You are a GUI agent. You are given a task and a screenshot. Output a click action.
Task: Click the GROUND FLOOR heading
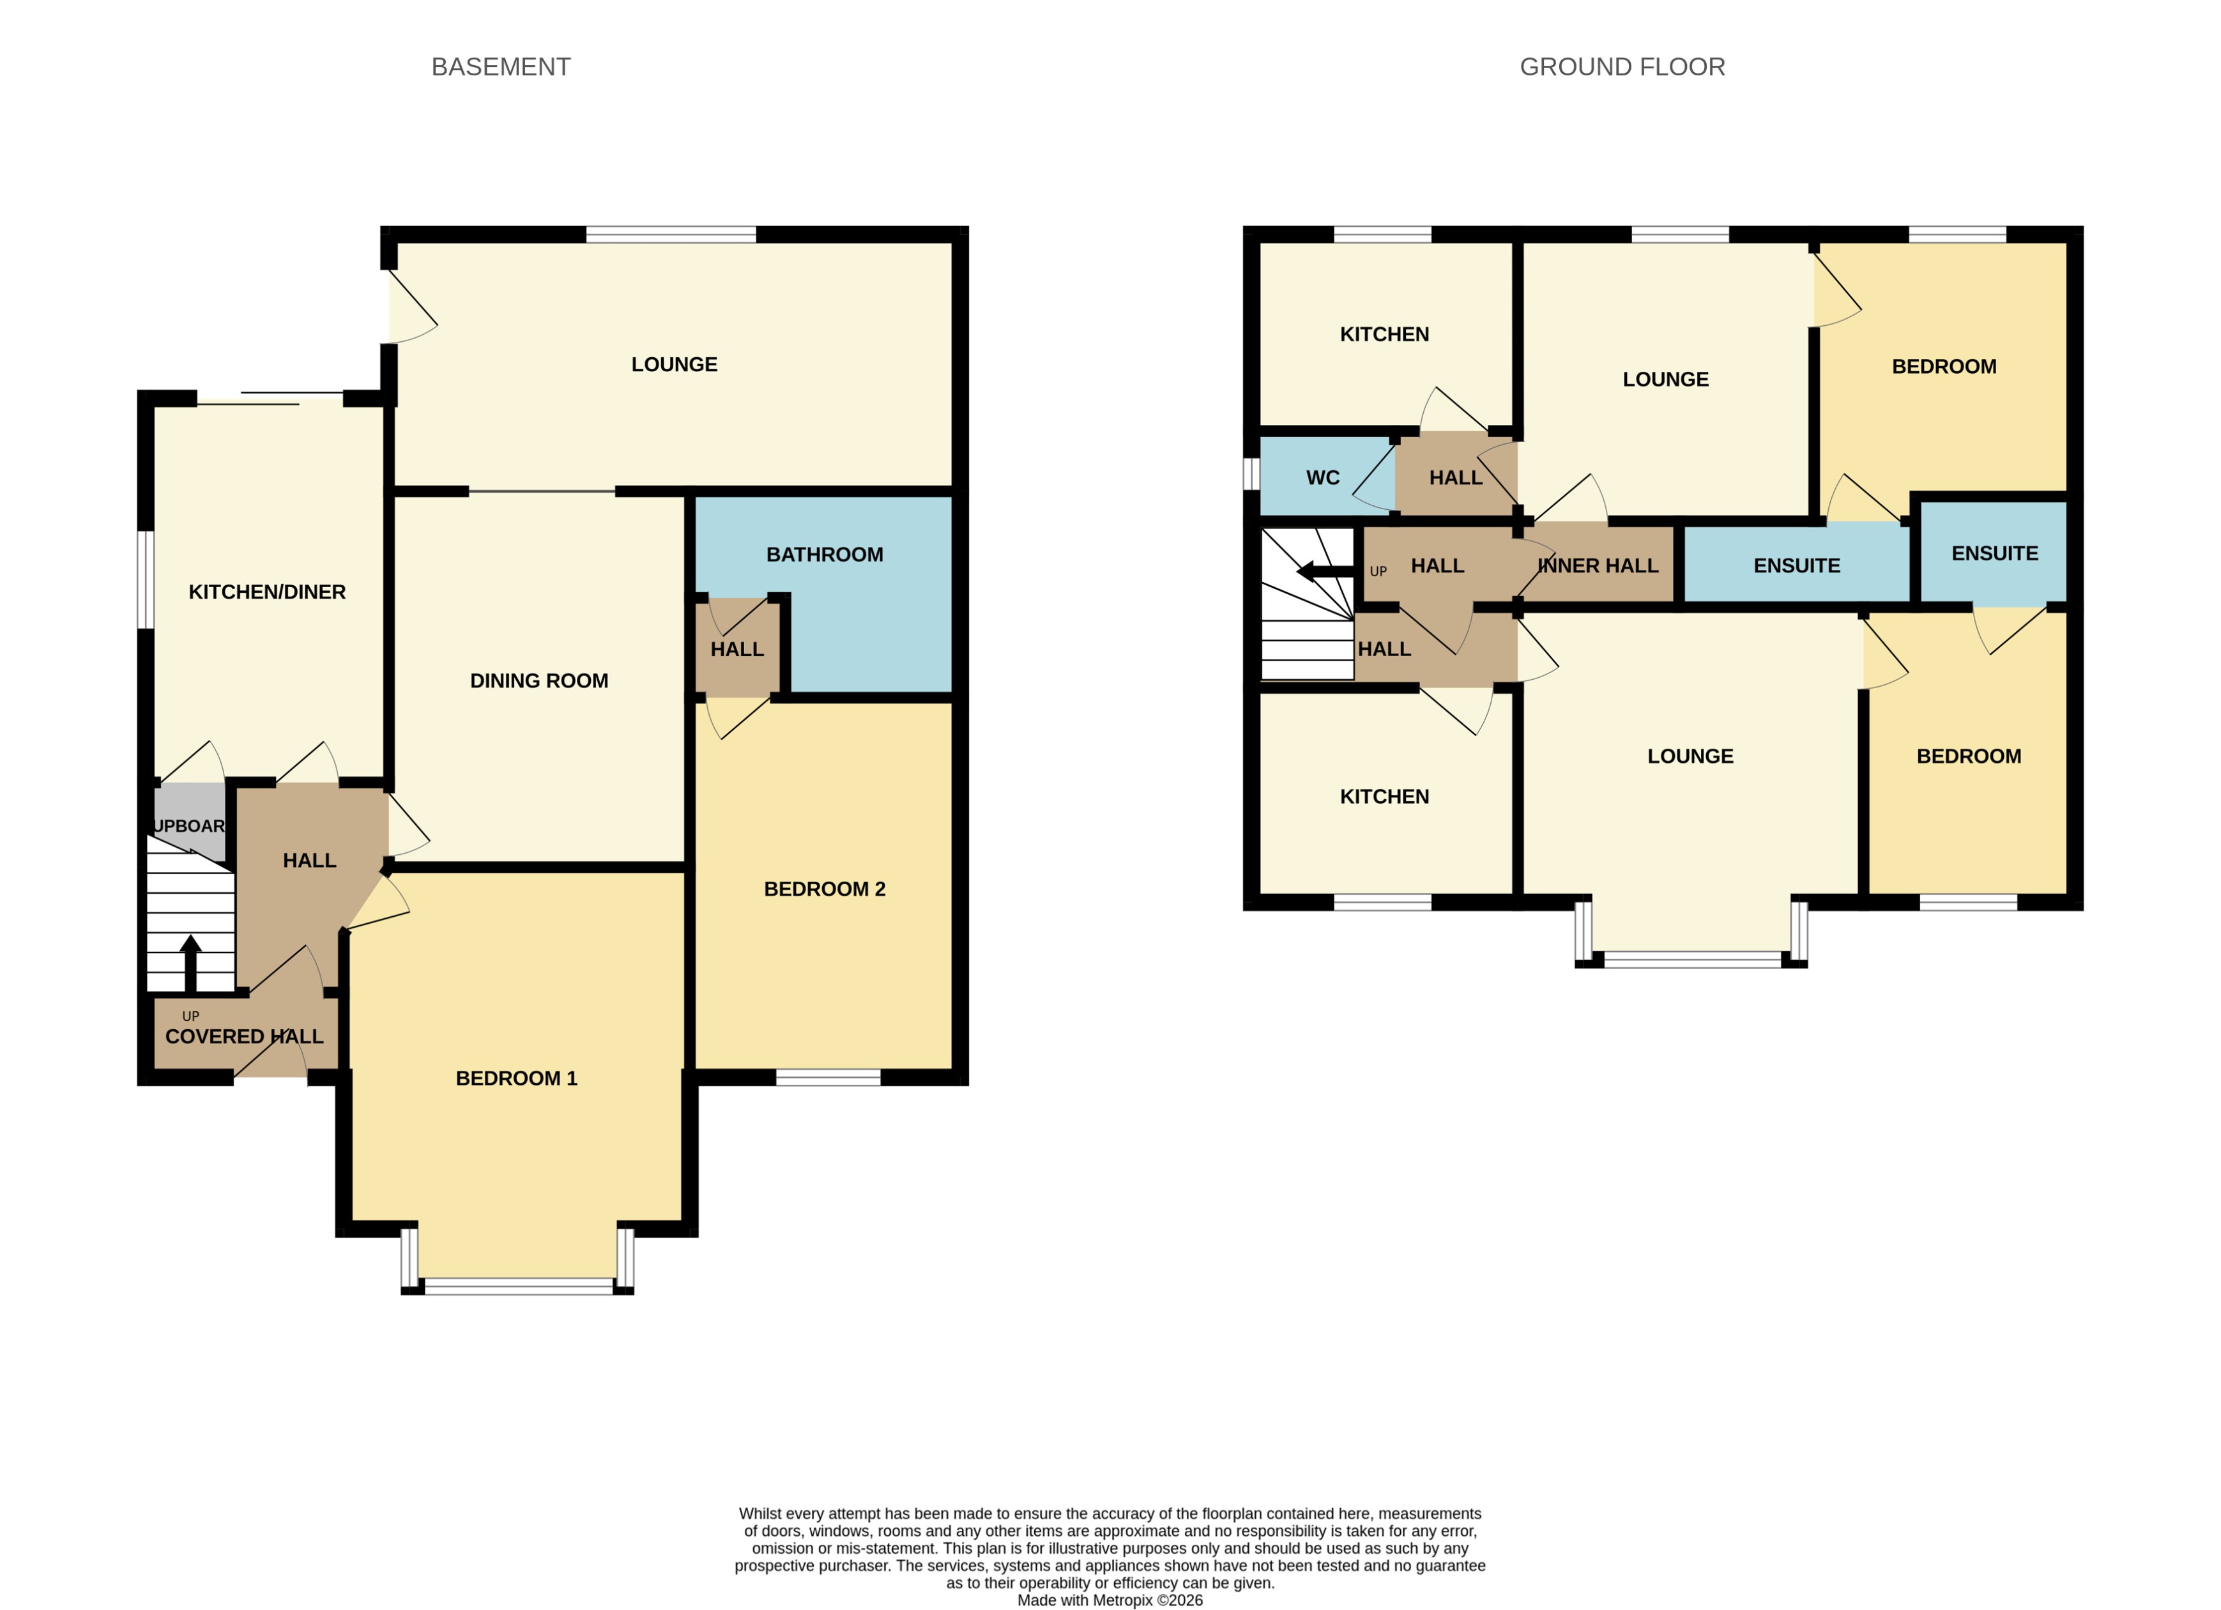(x=1622, y=66)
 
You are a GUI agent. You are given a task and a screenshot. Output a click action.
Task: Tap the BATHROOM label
(x=825, y=555)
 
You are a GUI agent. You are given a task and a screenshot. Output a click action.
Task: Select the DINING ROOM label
(x=538, y=680)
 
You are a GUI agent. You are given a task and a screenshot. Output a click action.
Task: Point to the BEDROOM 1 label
(x=516, y=1078)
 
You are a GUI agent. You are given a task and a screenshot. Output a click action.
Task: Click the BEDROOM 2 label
(x=825, y=889)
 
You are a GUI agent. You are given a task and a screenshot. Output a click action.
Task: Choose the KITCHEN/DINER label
(x=266, y=592)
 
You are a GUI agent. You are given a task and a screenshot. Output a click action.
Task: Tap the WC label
(x=1322, y=478)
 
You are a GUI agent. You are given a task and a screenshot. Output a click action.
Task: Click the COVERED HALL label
(x=244, y=1036)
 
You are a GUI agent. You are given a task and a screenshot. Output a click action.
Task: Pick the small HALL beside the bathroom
(x=737, y=649)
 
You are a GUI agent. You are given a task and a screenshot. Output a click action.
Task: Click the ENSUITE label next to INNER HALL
(x=1796, y=566)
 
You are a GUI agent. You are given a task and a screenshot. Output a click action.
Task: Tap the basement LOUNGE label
(x=674, y=364)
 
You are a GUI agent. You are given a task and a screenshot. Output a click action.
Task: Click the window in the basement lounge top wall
(x=671, y=234)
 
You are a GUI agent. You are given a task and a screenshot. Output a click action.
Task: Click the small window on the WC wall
(x=1251, y=474)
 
